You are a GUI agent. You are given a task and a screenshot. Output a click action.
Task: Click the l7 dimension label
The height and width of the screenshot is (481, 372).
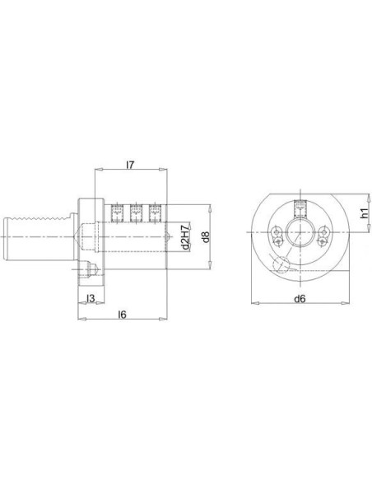coord(130,165)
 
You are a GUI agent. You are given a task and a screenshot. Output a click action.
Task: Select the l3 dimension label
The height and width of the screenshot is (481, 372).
coord(91,298)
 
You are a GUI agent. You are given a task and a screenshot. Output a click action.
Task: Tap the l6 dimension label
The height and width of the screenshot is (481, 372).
coord(122,315)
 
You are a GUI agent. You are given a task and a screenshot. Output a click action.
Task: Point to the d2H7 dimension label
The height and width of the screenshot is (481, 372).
coord(184,237)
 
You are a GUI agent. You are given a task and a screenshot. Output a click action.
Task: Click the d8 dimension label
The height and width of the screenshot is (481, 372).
coord(207,236)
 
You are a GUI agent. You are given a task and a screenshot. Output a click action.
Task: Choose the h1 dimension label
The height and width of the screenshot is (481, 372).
coord(364,213)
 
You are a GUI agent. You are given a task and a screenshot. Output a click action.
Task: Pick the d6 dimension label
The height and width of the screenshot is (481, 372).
coord(300,298)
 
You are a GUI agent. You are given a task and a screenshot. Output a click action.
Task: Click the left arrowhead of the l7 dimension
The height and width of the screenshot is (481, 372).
coord(99,169)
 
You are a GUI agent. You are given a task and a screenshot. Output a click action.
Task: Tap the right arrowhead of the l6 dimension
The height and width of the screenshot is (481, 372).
coord(163,319)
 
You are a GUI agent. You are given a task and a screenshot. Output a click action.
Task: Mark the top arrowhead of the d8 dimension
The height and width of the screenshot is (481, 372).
coord(210,208)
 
